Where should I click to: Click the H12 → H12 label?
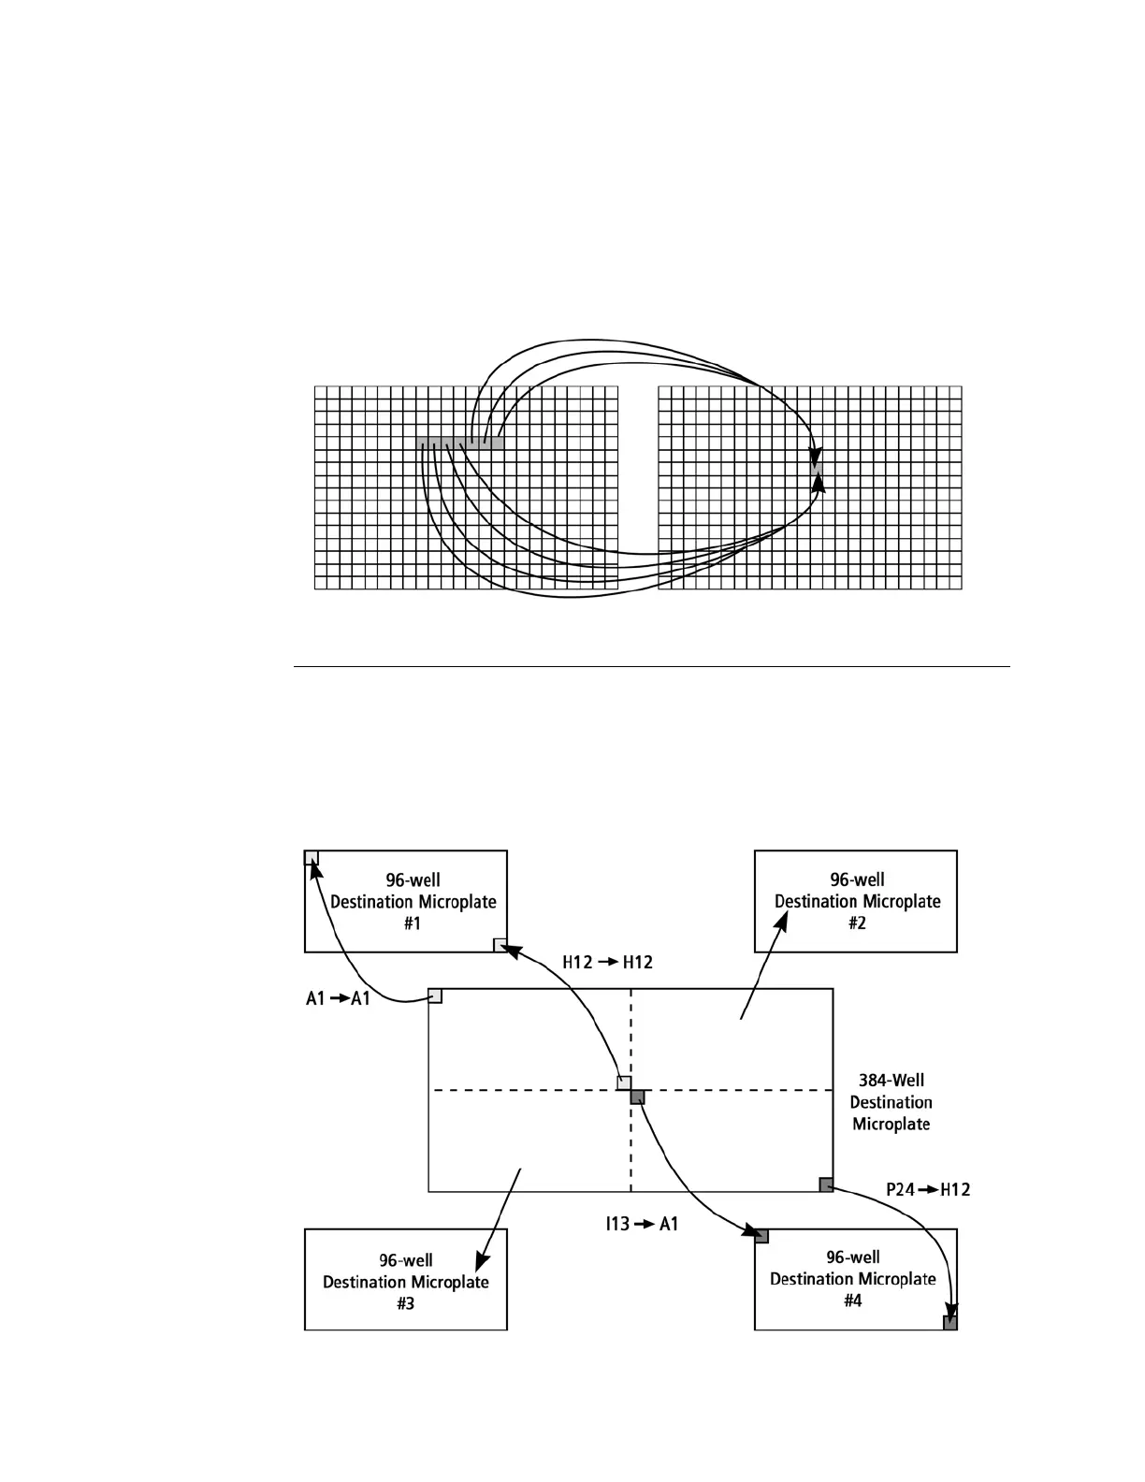[x=607, y=962]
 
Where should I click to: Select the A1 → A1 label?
[x=339, y=999]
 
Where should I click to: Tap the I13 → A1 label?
[x=641, y=1223]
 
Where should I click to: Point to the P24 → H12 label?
[x=928, y=1189]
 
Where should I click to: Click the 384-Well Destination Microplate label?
[x=891, y=1102]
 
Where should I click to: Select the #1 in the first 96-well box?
[x=413, y=923]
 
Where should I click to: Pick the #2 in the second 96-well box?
[x=857, y=923]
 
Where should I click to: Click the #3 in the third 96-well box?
[x=405, y=1303]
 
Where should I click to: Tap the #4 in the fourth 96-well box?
[x=852, y=1300]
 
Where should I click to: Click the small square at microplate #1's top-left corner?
[x=312, y=858]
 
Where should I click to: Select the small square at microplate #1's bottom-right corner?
[x=500, y=945]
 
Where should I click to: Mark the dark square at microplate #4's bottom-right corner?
[x=949, y=1323]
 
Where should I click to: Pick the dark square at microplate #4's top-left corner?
[x=761, y=1236]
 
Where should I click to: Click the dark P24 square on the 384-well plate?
[x=826, y=1184]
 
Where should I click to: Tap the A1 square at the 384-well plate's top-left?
[x=435, y=995]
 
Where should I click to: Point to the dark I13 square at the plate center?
[x=637, y=1097]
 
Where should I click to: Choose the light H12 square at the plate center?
[x=624, y=1083]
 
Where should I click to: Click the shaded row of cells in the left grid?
[x=459, y=443]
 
